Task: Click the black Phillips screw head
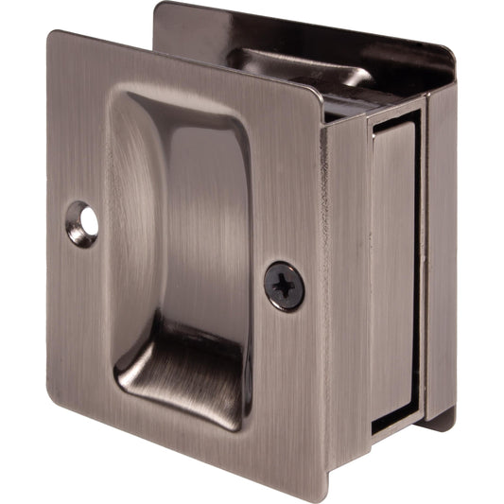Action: coord(285,286)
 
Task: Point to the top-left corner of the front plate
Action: coord(55,35)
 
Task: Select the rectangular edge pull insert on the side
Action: coord(394,265)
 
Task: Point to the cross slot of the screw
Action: coord(285,286)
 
